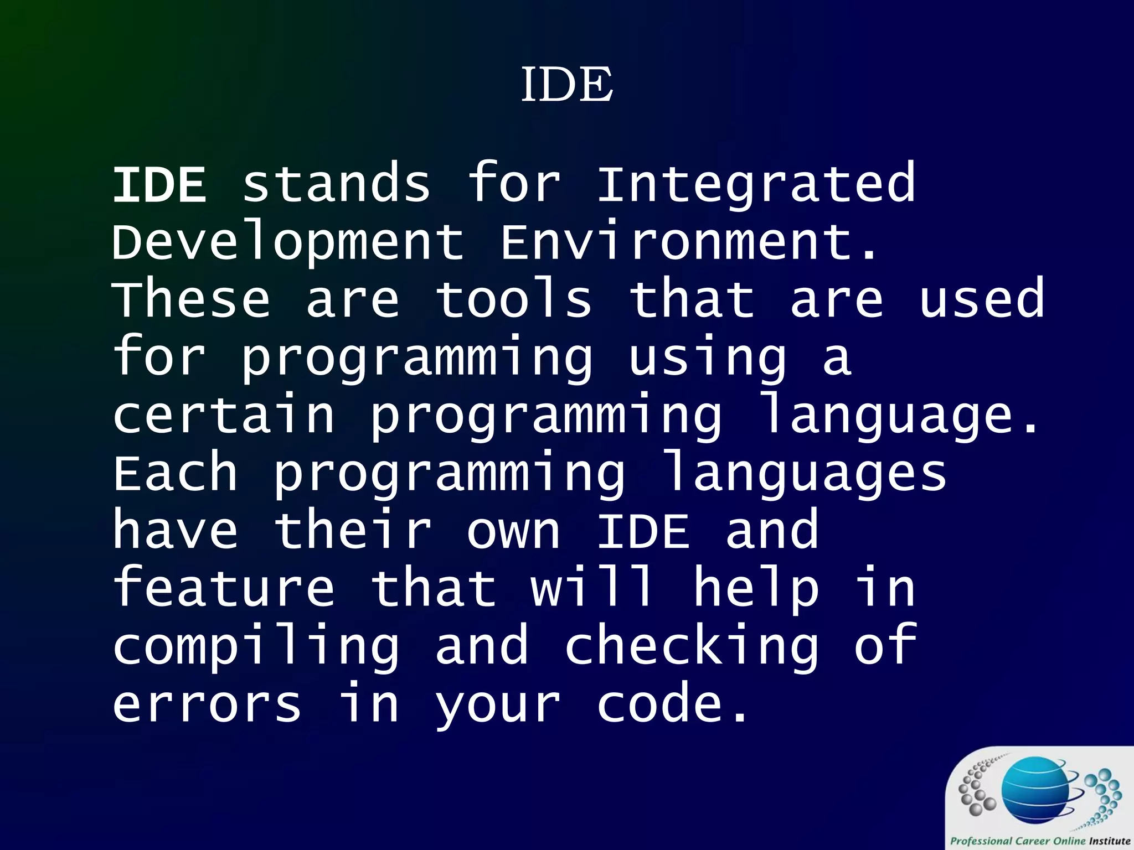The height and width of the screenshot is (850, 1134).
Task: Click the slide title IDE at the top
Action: click(567, 84)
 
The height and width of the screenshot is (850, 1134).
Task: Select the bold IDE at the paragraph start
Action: click(159, 185)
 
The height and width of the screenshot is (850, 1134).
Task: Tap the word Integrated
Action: click(756, 186)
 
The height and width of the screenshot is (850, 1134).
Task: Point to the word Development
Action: click(288, 243)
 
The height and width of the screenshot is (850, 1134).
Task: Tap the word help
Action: click(756, 591)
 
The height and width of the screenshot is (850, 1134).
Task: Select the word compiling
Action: click(256, 649)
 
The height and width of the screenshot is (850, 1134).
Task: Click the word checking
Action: click(692, 649)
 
